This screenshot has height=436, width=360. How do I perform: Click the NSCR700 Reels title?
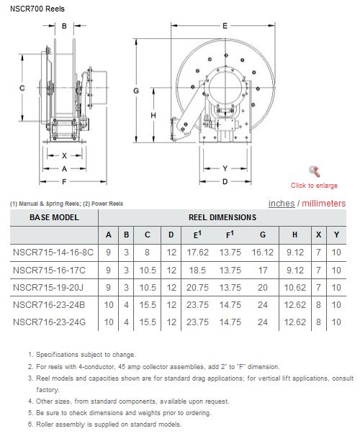37,9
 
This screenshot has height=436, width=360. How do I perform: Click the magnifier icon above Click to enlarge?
315,171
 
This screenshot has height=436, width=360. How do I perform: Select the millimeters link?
324,204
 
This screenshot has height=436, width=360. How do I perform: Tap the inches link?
282,204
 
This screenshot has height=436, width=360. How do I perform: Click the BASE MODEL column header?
54,217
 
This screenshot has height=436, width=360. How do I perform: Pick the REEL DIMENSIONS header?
222,217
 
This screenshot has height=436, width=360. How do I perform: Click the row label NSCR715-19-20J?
48,288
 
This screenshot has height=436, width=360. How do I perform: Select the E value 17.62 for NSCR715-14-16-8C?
197,253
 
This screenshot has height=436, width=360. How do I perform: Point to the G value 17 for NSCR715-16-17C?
263,271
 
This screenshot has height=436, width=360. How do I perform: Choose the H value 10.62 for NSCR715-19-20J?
295,288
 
